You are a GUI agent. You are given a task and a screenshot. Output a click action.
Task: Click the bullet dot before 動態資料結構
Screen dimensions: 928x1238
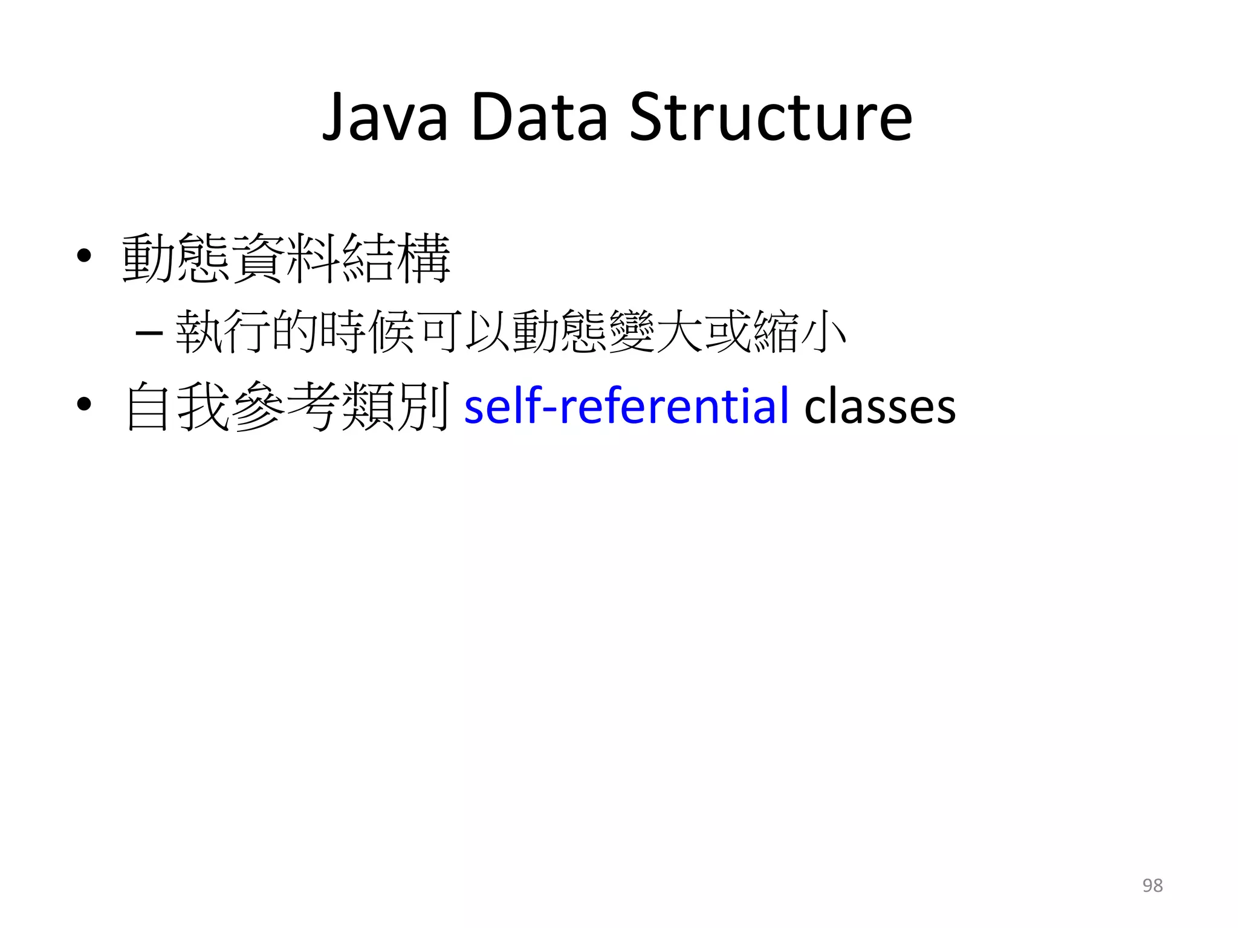[x=84, y=256]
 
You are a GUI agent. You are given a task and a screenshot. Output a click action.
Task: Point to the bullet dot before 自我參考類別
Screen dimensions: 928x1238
[x=84, y=404]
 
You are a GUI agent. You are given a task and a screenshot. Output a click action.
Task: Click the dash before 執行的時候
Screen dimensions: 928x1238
[x=149, y=333]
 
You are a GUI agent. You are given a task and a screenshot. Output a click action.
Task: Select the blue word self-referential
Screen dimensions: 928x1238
[x=626, y=405]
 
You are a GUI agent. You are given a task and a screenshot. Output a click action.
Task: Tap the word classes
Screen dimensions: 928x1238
[x=880, y=407]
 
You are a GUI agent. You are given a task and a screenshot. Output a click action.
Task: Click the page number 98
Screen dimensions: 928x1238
[x=1152, y=885]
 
